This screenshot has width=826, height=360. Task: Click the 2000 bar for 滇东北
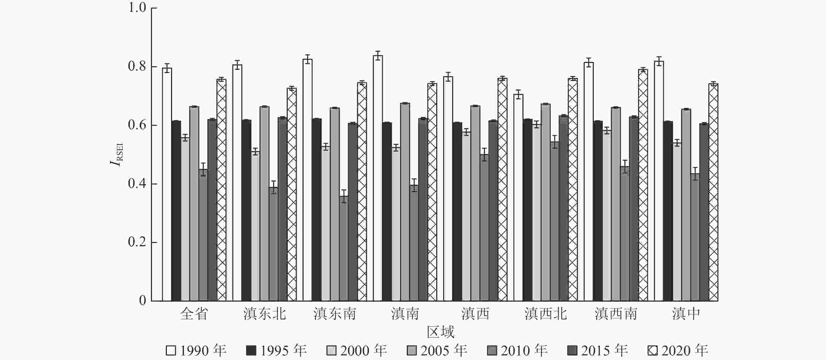pos(255,226)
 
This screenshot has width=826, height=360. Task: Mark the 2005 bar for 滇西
pos(475,203)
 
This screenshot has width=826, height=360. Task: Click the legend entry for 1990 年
pos(196,350)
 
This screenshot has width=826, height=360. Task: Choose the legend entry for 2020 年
pos(678,350)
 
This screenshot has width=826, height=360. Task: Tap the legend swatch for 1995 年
pos(251,351)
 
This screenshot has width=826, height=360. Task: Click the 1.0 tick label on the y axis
pos(137,8)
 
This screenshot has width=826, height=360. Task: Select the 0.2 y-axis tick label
pos(137,242)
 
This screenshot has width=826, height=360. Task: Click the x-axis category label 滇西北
pos(545,314)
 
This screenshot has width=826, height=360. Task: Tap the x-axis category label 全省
pos(194,314)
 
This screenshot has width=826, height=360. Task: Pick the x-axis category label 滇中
pos(686,314)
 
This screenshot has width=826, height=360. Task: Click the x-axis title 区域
pos(441,332)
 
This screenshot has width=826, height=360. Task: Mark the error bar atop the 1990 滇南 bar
pos(378,56)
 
